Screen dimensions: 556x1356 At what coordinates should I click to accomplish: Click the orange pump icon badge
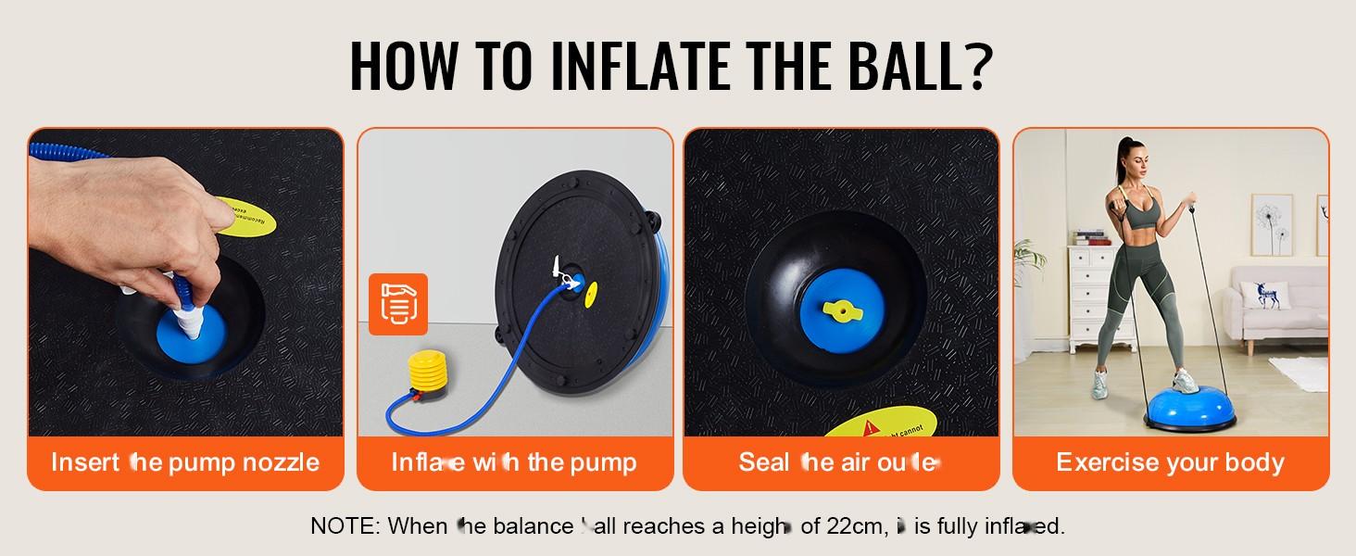pos(397,304)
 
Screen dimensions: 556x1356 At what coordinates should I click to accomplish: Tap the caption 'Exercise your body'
pos(1170,462)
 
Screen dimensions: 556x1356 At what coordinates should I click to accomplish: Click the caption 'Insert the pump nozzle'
pos(185,462)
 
